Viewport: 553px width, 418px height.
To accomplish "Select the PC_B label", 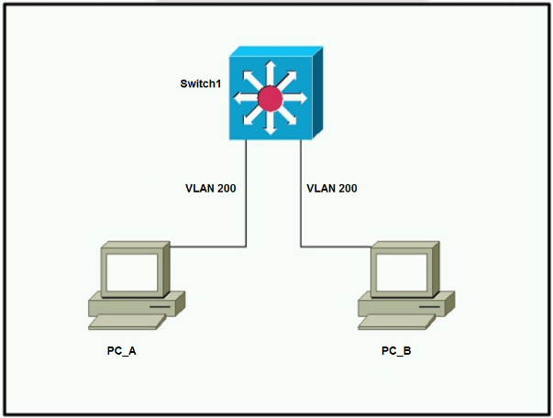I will coord(396,351).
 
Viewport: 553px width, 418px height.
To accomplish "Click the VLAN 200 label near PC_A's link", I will coord(211,189).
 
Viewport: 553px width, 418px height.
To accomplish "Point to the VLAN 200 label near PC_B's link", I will coord(331,189).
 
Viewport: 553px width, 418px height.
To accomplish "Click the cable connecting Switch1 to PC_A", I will coord(246,202).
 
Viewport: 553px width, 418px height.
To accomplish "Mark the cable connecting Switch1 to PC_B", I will coord(300,202).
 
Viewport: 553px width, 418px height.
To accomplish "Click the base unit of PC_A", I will coord(138,302).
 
